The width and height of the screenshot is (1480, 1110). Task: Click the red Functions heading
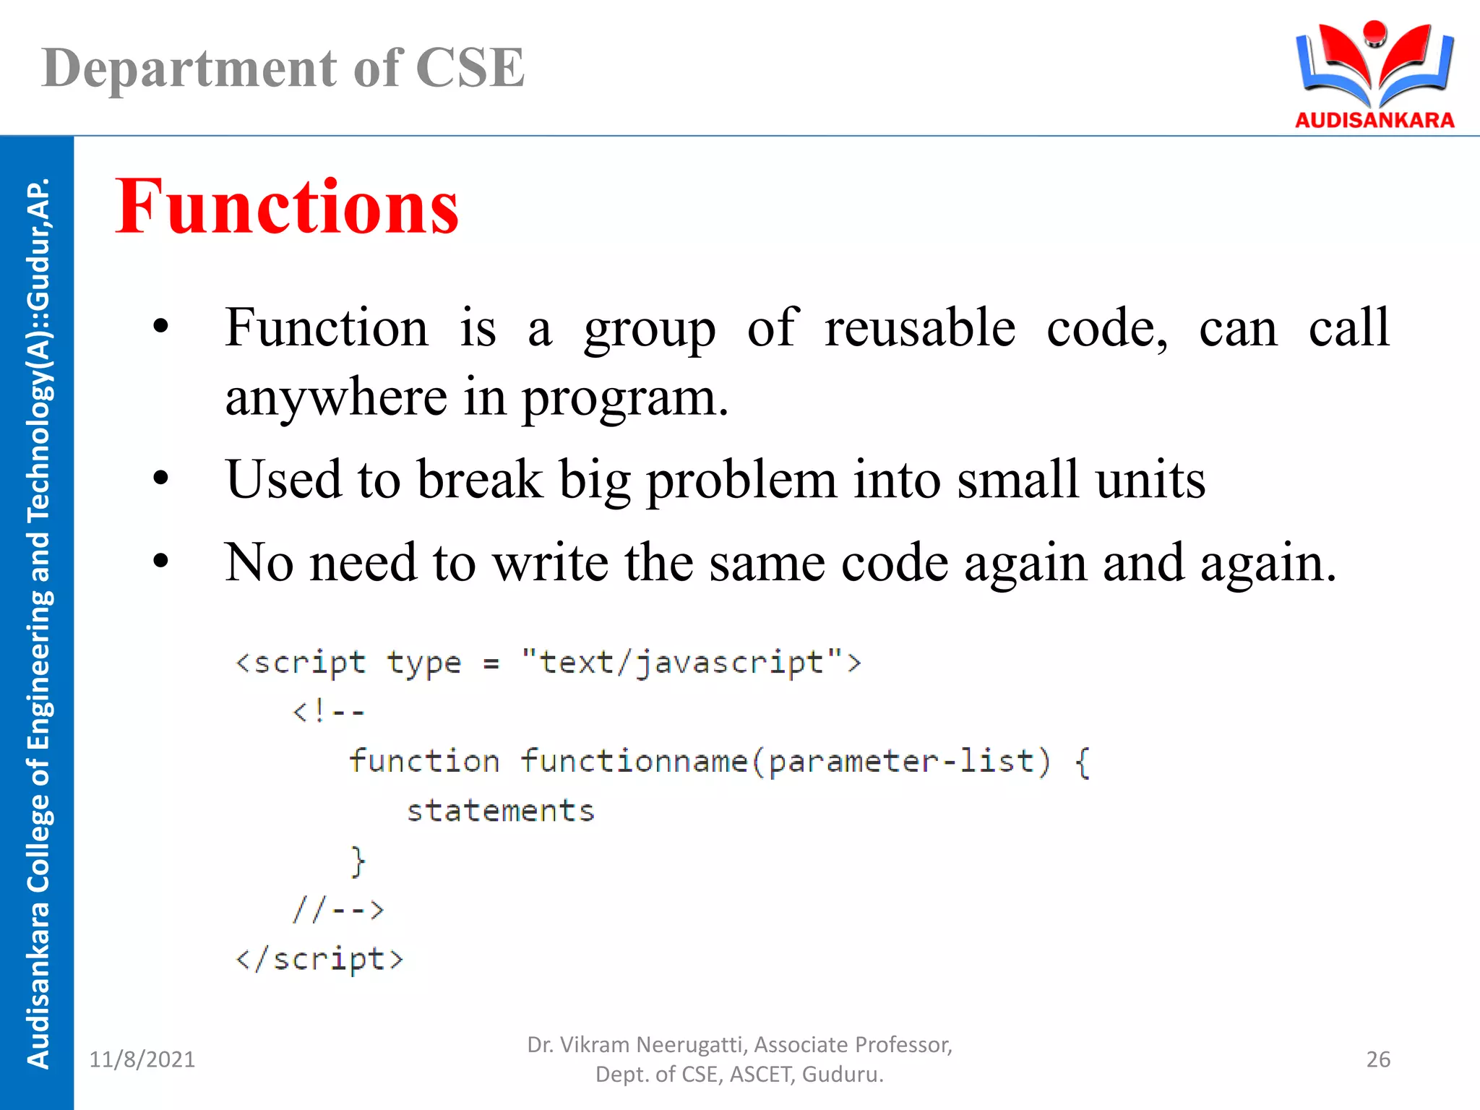click(x=287, y=207)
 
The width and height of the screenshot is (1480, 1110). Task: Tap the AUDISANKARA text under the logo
click(x=1374, y=120)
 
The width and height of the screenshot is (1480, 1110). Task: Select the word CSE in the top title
click(x=470, y=68)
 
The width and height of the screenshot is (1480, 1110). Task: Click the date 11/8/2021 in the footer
click(x=142, y=1059)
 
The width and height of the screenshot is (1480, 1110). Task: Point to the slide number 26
click(x=1378, y=1059)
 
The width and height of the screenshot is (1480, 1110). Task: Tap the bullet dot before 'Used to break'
click(x=160, y=479)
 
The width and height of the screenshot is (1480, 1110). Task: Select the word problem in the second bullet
click(x=741, y=481)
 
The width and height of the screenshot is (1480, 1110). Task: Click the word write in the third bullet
click(x=550, y=563)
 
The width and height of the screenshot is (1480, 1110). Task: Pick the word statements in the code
click(x=500, y=811)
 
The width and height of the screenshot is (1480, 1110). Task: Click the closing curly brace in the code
click(x=358, y=861)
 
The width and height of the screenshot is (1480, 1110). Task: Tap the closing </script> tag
click(x=319, y=960)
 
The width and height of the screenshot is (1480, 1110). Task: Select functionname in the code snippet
click(x=634, y=762)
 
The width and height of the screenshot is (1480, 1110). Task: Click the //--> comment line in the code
click(x=337, y=909)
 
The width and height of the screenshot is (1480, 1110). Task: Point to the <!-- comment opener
click(x=328, y=713)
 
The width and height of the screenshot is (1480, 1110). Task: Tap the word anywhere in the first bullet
click(x=336, y=398)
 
